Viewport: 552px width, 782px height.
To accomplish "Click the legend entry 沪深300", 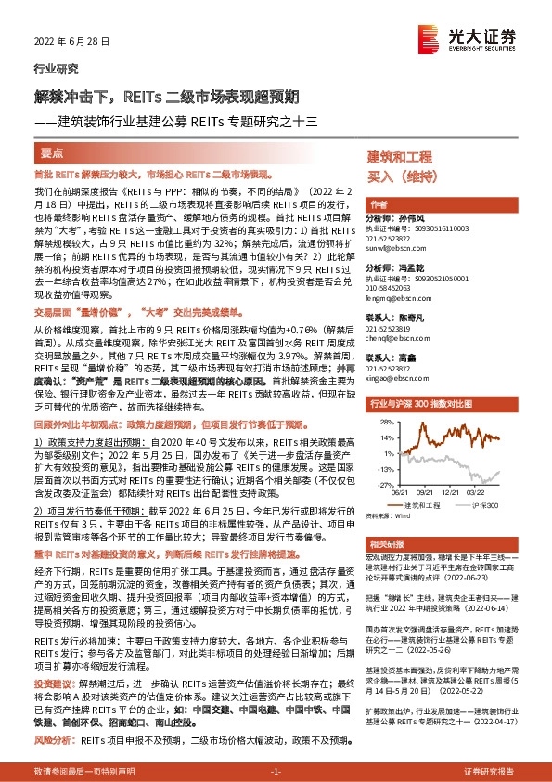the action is pos(487,505).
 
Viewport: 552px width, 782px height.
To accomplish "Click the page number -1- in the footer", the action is pos(275,771).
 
